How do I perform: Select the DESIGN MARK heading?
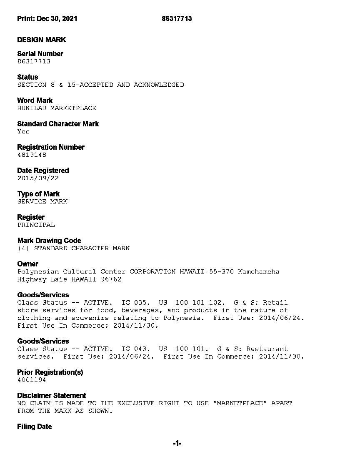41,40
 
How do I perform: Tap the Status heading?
27,77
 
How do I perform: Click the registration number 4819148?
32,155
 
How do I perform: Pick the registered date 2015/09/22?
38,178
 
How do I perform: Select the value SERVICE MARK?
42,201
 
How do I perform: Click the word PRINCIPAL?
36,225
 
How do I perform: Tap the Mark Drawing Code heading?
49,241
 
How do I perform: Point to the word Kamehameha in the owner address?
258,271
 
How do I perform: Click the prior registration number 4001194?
32,380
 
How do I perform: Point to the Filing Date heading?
35,427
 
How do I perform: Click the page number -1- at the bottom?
177,444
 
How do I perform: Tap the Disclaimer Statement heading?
52,396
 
